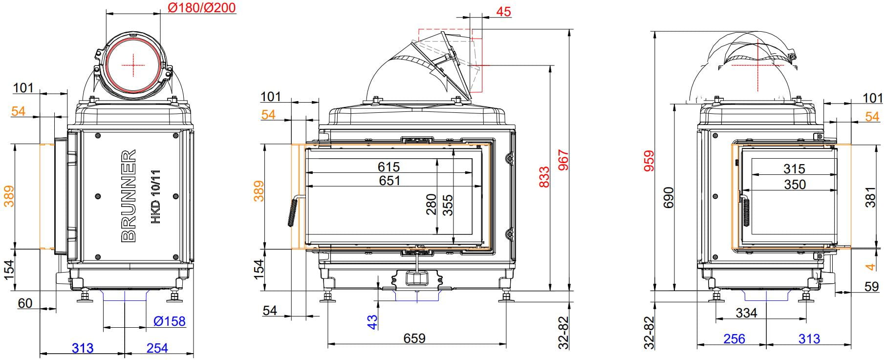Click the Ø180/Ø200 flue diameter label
(x=201, y=8)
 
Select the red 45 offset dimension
(x=503, y=11)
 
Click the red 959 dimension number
(x=649, y=162)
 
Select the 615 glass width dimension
(x=389, y=167)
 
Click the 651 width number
(x=389, y=181)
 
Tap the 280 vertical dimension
(x=431, y=205)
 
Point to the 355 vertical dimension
(x=448, y=205)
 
